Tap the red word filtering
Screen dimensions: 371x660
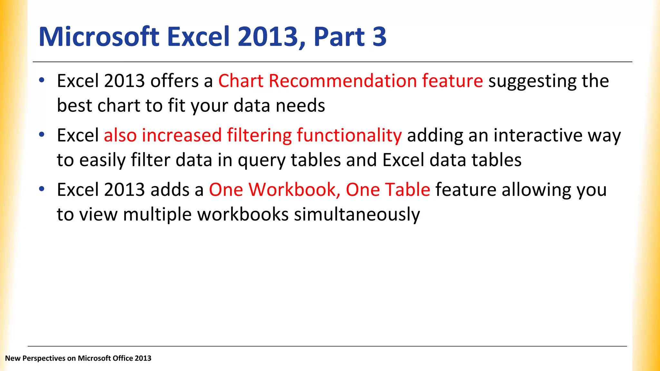coord(259,135)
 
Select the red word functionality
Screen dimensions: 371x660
coord(349,135)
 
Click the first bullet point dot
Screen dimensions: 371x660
coord(42,81)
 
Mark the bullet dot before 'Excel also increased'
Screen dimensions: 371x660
coord(42,135)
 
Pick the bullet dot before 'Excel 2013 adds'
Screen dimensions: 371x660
coord(42,189)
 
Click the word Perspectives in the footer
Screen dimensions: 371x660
coord(44,358)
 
